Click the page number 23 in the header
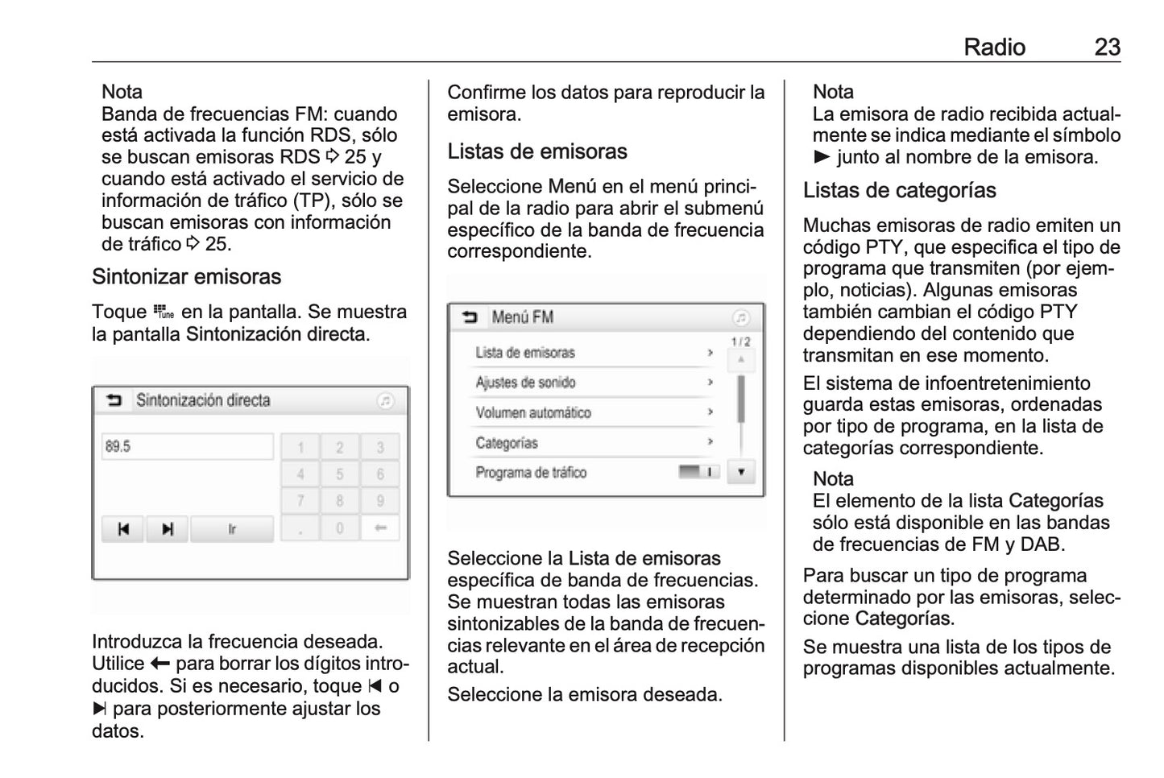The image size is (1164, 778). [x=1107, y=47]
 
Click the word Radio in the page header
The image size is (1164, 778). [x=994, y=47]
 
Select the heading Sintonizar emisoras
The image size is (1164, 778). [x=186, y=277]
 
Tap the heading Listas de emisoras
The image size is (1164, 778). [x=536, y=151]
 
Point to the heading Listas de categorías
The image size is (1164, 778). [x=899, y=191]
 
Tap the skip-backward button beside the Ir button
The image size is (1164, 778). [x=123, y=529]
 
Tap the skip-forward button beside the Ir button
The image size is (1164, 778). [x=168, y=529]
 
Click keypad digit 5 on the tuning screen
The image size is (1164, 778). [x=340, y=474]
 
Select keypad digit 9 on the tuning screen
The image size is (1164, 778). [x=380, y=501]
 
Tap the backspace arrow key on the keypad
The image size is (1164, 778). [x=380, y=528]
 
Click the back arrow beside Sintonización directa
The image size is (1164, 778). [x=114, y=400]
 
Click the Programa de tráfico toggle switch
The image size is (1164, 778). [x=698, y=472]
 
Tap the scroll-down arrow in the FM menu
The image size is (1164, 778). [x=740, y=472]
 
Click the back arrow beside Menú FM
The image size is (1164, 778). [x=470, y=317]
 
